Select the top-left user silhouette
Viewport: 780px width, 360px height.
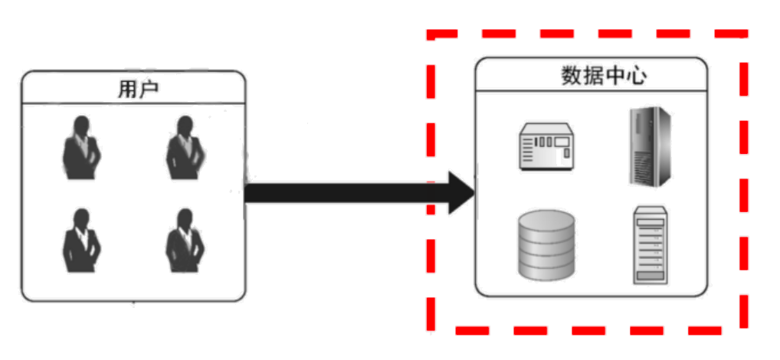pos(81,147)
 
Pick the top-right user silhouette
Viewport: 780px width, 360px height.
pos(185,147)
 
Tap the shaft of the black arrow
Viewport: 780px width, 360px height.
pos(345,192)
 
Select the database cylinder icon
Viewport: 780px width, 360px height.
pos(546,245)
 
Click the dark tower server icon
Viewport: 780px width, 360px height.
pos(651,146)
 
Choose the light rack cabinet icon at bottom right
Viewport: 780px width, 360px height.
pos(651,246)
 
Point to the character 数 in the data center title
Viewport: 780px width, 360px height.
pos(570,77)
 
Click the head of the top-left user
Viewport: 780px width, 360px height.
pos(80,124)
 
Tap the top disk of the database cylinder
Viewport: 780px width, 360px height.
pos(546,221)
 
